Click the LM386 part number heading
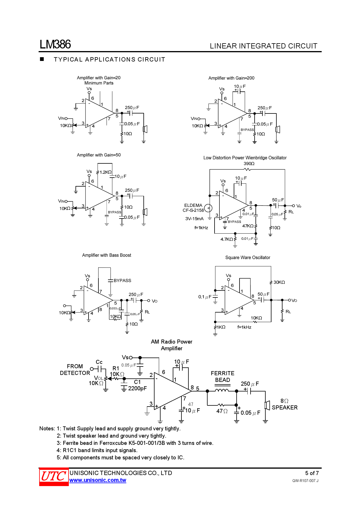click(55, 44)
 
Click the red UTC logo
click(54, 476)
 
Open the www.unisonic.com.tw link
click(98, 480)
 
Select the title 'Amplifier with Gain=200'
click(231, 78)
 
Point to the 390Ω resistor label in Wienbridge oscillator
click(249, 164)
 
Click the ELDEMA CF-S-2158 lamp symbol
click(208, 208)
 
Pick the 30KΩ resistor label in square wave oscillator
click(279, 282)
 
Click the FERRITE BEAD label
click(222, 377)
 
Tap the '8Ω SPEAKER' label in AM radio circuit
click(285, 404)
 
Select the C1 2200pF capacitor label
click(137, 385)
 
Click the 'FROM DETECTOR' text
click(75, 370)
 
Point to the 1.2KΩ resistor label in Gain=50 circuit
click(105, 172)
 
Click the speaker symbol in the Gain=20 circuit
click(145, 129)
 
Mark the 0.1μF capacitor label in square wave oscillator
click(205, 297)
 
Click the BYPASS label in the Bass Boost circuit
click(122, 281)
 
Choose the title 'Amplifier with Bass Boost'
click(107, 255)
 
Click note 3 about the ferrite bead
click(135, 443)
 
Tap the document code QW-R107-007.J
click(305, 481)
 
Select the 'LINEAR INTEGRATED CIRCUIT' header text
click(263, 46)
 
